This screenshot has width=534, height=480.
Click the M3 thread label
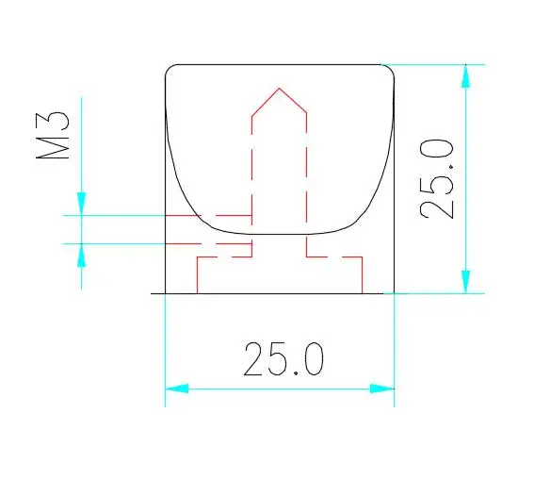click(55, 137)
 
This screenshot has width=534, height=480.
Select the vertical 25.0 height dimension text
click(439, 178)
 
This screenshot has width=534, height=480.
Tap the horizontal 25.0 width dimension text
click(284, 358)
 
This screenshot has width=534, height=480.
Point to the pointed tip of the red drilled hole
click(279, 89)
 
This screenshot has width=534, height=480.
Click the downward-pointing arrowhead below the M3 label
click(82, 204)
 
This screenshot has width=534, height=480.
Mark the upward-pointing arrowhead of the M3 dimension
click(82, 253)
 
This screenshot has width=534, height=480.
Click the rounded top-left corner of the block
click(170, 69)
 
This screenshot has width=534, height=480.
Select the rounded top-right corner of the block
click(388, 69)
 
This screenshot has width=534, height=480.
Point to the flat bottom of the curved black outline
click(280, 232)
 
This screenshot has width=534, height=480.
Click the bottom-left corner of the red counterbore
click(196, 292)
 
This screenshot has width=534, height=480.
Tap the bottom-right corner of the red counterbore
click(363, 292)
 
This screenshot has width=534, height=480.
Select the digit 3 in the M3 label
click(55, 121)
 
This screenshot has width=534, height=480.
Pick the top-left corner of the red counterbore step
click(196, 256)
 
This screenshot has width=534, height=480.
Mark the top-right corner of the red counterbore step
click(363, 256)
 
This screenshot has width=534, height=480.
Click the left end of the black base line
click(153, 293)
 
